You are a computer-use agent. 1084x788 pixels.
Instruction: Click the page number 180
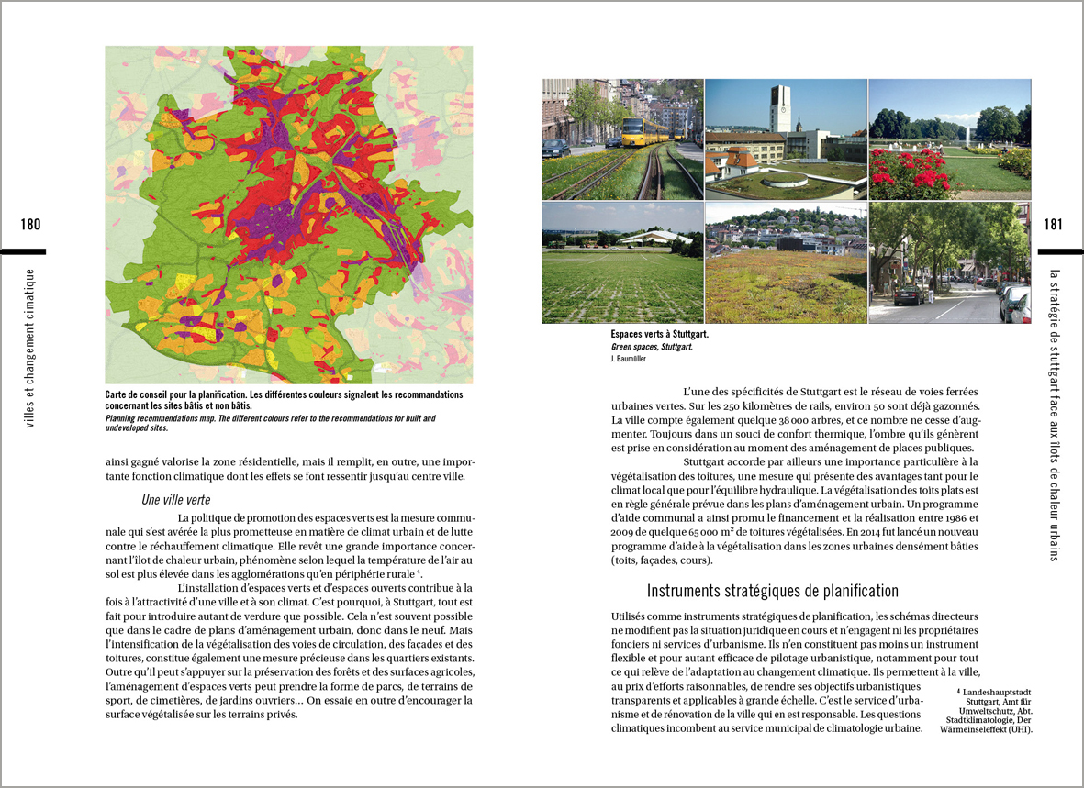click(x=30, y=225)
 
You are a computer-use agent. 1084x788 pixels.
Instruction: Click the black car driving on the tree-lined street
click(x=909, y=295)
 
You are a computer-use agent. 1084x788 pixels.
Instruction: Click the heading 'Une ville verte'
click(x=176, y=500)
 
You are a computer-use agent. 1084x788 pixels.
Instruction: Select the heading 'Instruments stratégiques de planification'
click(x=772, y=590)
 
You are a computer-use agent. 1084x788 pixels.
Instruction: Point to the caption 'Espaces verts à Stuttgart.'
click(x=659, y=335)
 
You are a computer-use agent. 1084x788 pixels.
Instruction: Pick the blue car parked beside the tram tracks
click(x=555, y=148)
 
